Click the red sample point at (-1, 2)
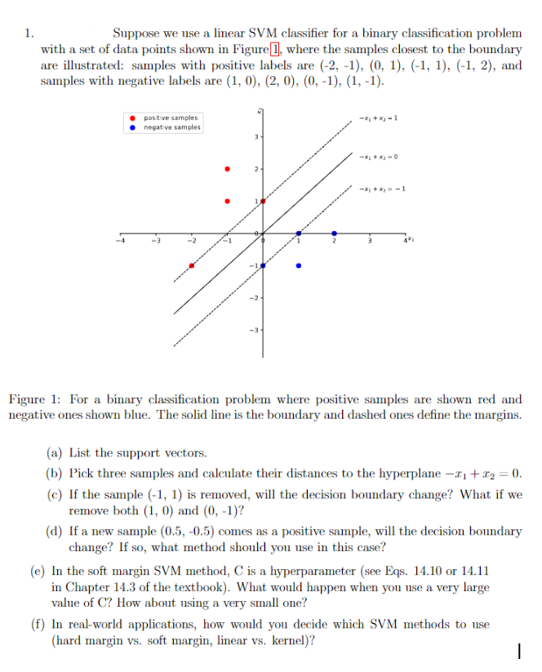click(x=228, y=169)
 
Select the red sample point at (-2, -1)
click(x=192, y=265)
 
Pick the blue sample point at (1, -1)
click(x=299, y=265)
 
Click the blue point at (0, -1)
click(x=263, y=265)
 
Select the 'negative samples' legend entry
click(x=171, y=127)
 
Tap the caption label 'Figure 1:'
click(x=35, y=399)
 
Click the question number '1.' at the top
click(x=29, y=33)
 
